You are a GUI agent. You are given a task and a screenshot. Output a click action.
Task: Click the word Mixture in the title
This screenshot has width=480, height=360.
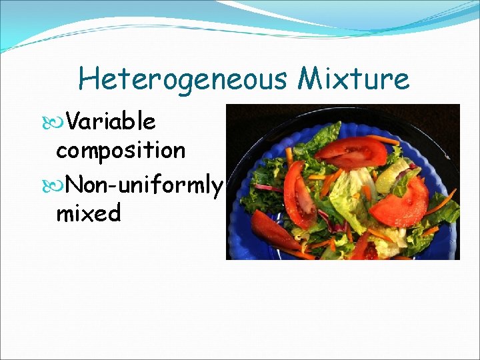[353, 79]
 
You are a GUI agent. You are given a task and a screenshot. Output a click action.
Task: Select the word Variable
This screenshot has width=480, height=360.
[111, 122]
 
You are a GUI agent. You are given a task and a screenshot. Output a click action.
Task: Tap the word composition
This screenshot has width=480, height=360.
[121, 151]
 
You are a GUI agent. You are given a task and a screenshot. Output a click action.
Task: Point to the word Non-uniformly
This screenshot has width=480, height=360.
[145, 184]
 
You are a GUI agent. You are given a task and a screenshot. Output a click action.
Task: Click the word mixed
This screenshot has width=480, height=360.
[89, 213]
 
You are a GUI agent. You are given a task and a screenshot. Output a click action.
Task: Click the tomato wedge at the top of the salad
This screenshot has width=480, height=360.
[351, 152]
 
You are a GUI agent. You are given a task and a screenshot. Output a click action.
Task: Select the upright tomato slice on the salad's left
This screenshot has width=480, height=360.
[299, 193]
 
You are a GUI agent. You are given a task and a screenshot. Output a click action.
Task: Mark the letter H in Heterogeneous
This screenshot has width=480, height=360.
[87, 79]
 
